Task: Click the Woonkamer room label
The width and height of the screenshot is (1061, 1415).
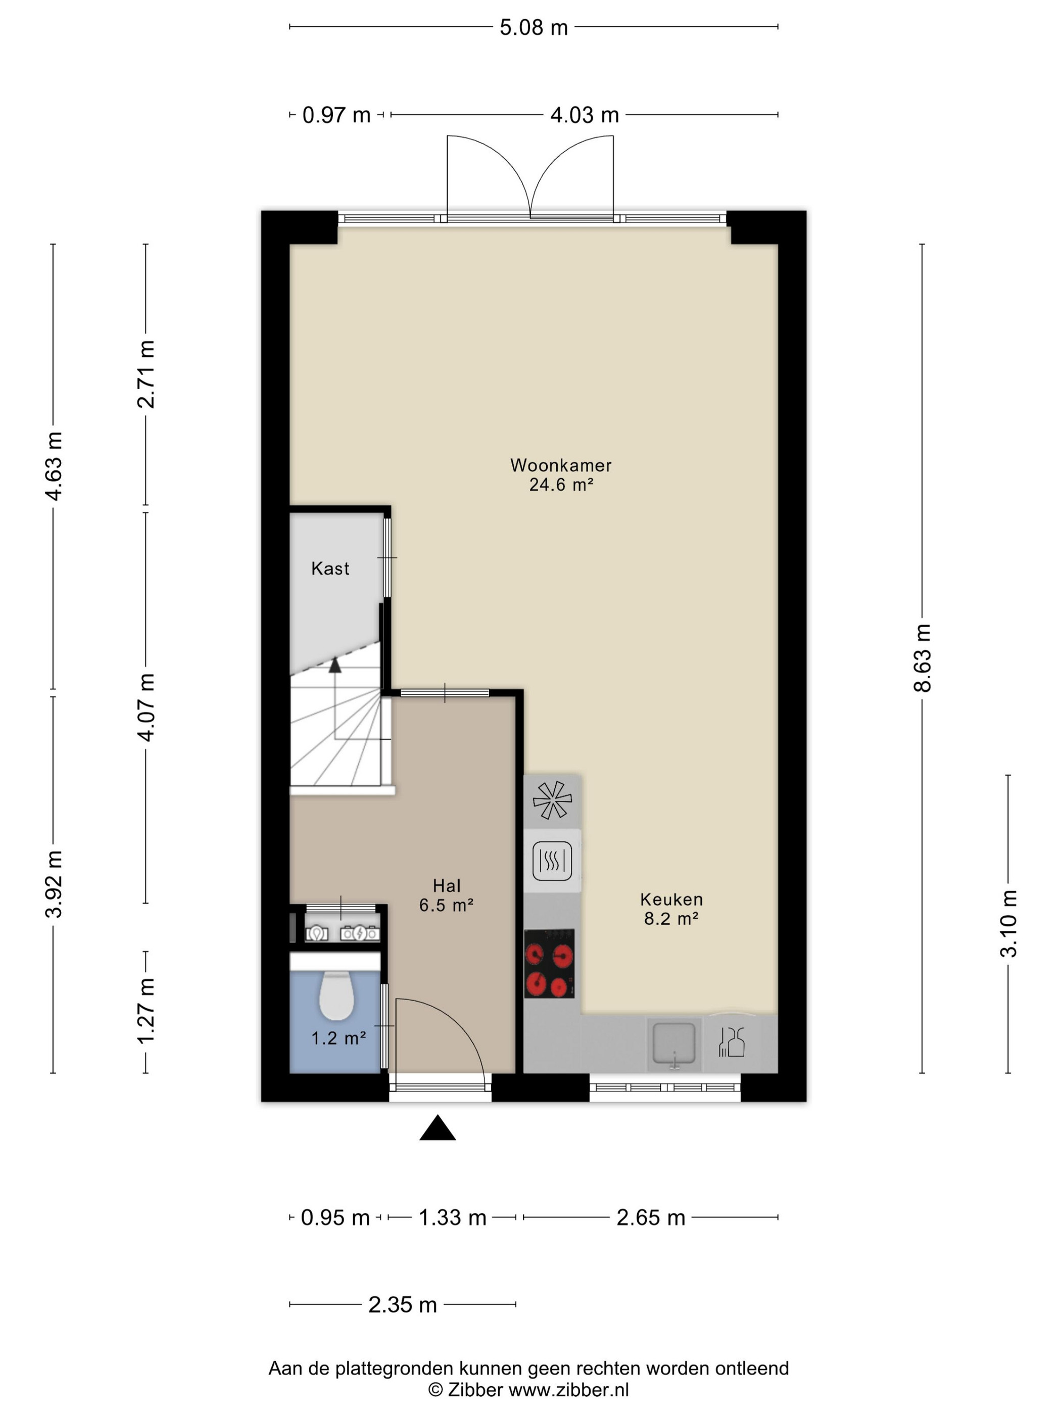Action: point(560,465)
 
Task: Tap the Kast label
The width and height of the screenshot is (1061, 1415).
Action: point(330,568)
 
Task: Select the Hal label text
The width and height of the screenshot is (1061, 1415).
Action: point(447,885)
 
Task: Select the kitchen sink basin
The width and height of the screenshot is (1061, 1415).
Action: point(673,1044)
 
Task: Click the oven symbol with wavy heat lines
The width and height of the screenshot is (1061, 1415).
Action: point(552,861)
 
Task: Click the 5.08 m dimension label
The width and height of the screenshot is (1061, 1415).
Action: point(534,27)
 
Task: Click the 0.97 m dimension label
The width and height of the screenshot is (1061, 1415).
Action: point(336,115)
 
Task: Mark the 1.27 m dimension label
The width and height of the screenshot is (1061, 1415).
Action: point(146,1010)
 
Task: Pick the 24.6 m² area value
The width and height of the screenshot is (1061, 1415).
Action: point(561,484)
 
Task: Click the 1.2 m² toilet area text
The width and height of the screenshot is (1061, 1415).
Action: point(339,1037)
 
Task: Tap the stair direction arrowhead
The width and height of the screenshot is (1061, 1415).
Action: point(334,665)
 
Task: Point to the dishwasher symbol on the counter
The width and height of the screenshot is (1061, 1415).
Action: point(732,1042)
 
